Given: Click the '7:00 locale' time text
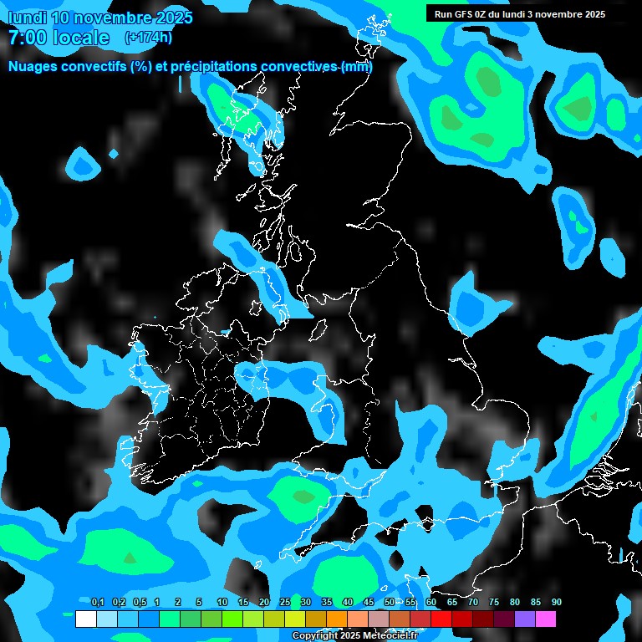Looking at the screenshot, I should tap(59, 38).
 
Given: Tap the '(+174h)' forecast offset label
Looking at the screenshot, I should tap(148, 38).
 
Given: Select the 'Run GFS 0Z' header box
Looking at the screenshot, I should tap(520, 13).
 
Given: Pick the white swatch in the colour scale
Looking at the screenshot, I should tap(85, 619).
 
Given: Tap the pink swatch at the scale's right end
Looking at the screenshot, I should tap(546, 619).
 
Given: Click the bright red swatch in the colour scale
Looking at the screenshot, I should tap(441, 619).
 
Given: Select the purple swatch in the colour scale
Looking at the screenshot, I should tap(525, 619).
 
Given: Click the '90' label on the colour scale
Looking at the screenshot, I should tap(557, 603).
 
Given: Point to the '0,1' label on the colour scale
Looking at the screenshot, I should tap(97, 603).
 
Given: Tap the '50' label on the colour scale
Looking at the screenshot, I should tap(390, 603).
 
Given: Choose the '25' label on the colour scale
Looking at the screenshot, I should tap(285, 603).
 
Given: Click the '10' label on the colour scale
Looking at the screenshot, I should tap(222, 603).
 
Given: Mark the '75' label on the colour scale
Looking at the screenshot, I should tap(494, 603).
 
